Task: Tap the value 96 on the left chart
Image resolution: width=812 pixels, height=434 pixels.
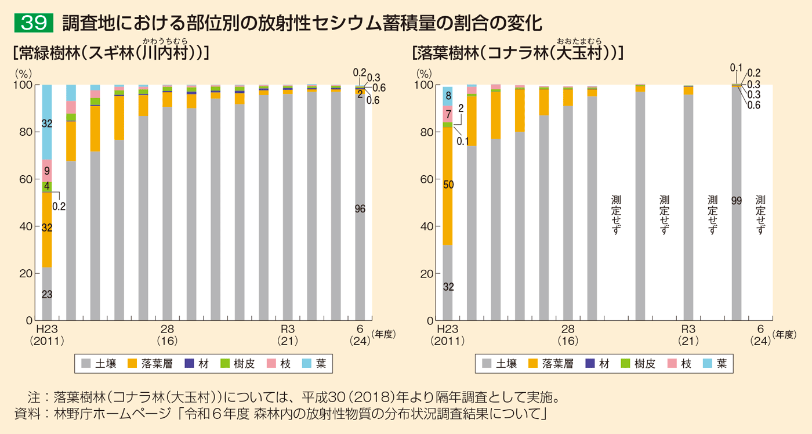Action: tap(360, 209)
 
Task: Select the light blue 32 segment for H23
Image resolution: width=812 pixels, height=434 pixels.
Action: tap(47, 122)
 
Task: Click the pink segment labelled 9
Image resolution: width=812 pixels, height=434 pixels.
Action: tap(47, 171)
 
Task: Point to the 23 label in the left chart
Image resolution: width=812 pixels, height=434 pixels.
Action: tap(47, 295)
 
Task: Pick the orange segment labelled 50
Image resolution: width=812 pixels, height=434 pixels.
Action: tap(448, 185)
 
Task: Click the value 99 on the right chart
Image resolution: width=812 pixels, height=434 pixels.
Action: tap(737, 201)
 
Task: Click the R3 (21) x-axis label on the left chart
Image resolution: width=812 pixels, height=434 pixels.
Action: tap(288, 335)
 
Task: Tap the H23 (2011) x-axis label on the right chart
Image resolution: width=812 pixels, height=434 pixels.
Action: tap(448, 335)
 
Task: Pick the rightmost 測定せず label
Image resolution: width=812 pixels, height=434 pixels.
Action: tap(760, 214)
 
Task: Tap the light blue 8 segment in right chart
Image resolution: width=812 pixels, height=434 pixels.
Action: tap(448, 96)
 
